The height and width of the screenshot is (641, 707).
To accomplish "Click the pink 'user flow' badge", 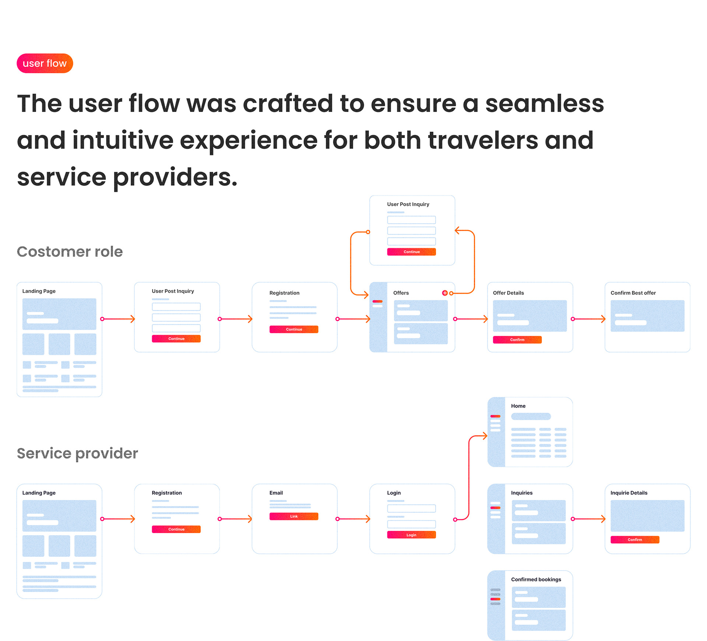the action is pyautogui.click(x=45, y=63).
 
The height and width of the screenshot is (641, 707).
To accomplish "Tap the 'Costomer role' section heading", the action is pyautogui.click(x=70, y=252).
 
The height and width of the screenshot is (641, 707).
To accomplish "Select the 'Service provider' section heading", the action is pyautogui.click(x=77, y=453).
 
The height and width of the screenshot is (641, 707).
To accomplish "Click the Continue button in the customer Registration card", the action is pyautogui.click(x=293, y=329).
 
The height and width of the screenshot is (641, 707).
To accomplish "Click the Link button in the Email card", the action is pyautogui.click(x=293, y=516).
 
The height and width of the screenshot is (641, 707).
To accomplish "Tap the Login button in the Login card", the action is pyautogui.click(x=411, y=535).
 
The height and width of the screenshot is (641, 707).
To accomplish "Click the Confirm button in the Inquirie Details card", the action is pyautogui.click(x=634, y=539).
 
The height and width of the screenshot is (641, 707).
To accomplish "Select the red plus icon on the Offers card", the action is pyautogui.click(x=445, y=293).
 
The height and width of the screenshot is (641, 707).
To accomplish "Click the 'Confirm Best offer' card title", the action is pyautogui.click(x=633, y=293).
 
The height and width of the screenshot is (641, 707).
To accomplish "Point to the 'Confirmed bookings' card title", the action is pyautogui.click(x=536, y=580).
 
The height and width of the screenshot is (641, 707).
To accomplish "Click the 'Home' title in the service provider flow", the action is pyautogui.click(x=518, y=406).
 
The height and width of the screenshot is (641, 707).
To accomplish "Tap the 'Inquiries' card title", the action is pyautogui.click(x=521, y=493).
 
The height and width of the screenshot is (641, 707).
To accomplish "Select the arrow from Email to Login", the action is pyautogui.click(x=353, y=519).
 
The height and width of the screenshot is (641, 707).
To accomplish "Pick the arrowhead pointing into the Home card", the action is pyautogui.click(x=484, y=436).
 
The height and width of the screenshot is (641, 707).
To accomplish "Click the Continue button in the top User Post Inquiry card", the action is pyautogui.click(x=411, y=252).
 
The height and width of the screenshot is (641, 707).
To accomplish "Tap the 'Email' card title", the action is pyautogui.click(x=276, y=493).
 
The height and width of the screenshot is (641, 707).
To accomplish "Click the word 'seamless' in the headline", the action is pyautogui.click(x=544, y=104).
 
